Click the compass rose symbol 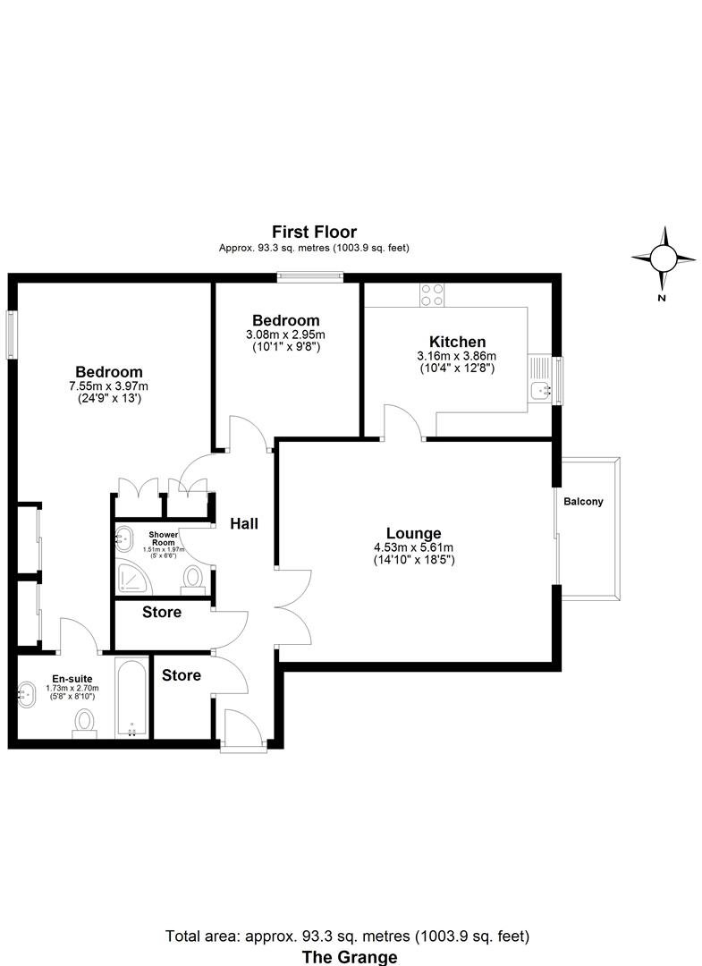[x=664, y=258]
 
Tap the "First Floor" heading [x=315, y=233]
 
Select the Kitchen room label [x=457, y=342]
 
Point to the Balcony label [x=583, y=502]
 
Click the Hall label [x=243, y=523]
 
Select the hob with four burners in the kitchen [x=432, y=295]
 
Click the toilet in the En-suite [x=86, y=722]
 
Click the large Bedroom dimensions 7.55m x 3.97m [x=109, y=386]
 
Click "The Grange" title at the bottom [x=350, y=957]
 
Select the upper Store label [x=162, y=613]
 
